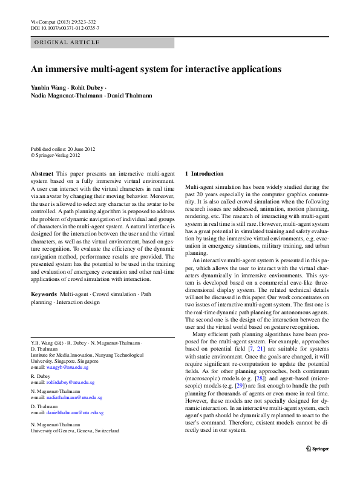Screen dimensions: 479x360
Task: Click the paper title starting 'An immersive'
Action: (156, 69)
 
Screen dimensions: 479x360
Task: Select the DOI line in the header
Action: (65, 28)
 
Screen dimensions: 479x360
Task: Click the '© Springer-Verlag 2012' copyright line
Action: (55, 156)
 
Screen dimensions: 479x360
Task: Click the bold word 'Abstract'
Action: (42, 173)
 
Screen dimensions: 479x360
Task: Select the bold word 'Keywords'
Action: (44, 294)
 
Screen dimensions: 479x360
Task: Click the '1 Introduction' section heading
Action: (204, 173)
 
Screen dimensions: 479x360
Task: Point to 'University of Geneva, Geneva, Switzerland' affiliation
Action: (74, 431)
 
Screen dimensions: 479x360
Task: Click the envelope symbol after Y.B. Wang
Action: (59, 343)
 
